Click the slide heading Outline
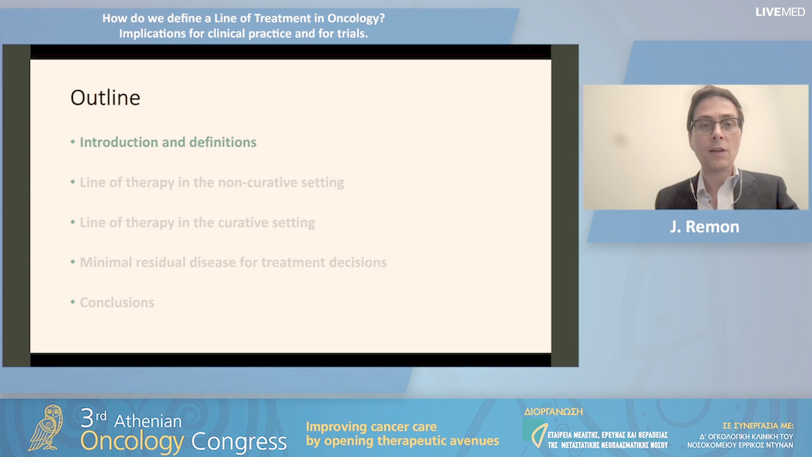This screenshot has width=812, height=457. [x=105, y=98]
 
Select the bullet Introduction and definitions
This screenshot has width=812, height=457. [x=168, y=142]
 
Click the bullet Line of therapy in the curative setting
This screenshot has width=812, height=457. [x=197, y=222]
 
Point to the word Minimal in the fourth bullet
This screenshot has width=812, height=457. [x=106, y=262]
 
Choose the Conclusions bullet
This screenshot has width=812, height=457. [x=117, y=302]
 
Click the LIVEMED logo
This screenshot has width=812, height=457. [x=780, y=12]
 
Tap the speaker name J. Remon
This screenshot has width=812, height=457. [x=704, y=226]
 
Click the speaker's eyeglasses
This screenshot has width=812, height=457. [x=715, y=126]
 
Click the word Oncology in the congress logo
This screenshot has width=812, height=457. [x=133, y=442]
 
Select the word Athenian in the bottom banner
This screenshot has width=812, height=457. [x=149, y=421]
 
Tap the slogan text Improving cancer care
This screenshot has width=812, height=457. [x=371, y=426]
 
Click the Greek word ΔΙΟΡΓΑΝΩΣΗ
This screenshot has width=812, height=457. [x=553, y=412]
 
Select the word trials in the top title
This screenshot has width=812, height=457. [x=349, y=34]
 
